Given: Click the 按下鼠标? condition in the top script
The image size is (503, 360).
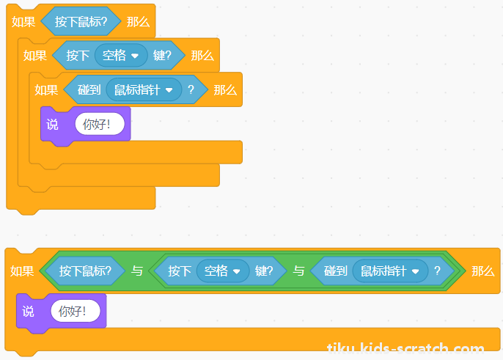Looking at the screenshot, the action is (81, 21).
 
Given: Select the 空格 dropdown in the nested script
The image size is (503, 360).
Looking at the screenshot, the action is (121, 56).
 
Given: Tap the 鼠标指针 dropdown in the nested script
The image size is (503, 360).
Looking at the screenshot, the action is (144, 90).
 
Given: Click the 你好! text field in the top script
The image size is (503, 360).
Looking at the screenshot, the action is (100, 124).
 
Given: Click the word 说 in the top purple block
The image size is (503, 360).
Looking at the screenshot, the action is (52, 124).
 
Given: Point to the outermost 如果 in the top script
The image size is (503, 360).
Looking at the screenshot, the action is (23, 22).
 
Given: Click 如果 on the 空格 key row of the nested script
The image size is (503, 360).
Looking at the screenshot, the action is (35, 56).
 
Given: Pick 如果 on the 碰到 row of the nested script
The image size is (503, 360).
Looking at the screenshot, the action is (46, 90).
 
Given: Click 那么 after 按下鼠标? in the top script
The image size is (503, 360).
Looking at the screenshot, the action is (139, 22).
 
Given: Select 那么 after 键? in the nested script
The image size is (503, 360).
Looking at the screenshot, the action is (202, 56).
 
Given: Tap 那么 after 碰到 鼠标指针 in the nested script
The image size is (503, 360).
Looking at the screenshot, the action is (225, 90).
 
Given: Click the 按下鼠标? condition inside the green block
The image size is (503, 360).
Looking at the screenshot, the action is (85, 271).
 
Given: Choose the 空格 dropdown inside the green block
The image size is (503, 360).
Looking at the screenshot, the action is (223, 271).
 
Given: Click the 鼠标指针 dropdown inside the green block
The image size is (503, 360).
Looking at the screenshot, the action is (390, 271).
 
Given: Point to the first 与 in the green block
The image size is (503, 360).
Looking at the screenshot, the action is (137, 271).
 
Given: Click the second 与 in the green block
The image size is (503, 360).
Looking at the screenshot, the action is (298, 271).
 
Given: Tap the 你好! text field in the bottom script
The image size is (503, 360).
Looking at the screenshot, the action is (76, 311).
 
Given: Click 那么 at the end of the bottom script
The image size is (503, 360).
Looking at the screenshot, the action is (483, 271).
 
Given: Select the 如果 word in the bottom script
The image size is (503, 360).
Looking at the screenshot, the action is (22, 271).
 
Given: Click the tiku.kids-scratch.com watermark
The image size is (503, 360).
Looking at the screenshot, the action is (405, 348).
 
